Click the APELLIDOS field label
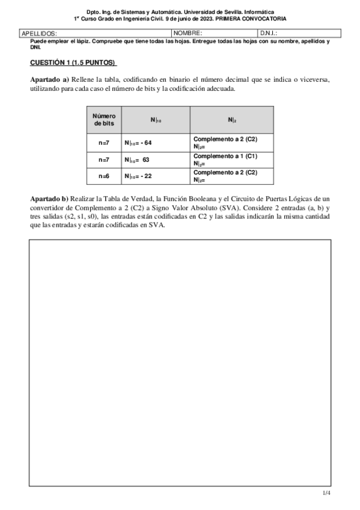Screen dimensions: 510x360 point(39,34)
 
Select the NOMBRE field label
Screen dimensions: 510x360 point(188,34)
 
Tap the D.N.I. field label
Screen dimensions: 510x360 point(268,34)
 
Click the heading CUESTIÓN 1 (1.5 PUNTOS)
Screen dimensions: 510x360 point(73,63)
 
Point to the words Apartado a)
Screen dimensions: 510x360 point(49,79)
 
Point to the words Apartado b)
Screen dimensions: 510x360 point(49,198)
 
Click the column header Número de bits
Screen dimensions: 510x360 point(104,119)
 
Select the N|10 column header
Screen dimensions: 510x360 point(156,120)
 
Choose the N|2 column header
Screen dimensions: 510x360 point(231,120)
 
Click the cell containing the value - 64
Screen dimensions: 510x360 point(156,143)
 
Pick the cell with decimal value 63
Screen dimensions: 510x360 point(156,160)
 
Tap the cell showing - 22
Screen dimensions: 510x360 point(156,176)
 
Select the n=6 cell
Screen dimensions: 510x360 point(104,176)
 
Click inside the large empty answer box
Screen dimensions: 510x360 point(180,361)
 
